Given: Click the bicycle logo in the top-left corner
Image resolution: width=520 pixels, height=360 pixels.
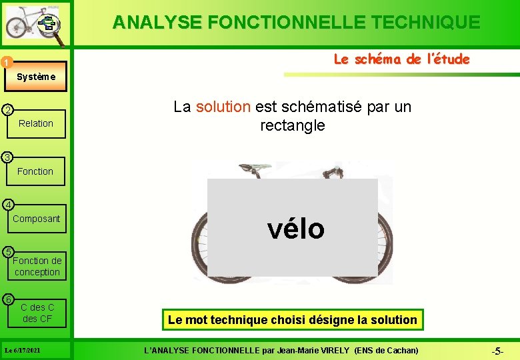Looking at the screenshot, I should pyautogui.click(x=34, y=24).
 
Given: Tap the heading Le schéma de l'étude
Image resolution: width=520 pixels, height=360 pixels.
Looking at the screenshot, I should pyautogui.click(x=401, y=59).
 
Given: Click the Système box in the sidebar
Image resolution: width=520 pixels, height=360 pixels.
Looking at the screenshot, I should pyautogui.click(x=36, y=77).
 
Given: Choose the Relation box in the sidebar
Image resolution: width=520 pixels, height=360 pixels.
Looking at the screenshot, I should pyautogui.click(x=36, y=123).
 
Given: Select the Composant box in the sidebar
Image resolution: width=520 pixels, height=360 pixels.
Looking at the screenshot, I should pyautogui.click(x=36, y=219).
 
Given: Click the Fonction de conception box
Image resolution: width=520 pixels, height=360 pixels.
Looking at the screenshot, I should pyautogui.click(x=37, y=266).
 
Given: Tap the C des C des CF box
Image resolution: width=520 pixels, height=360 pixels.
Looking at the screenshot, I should pyautogui.click(x=37, y=313).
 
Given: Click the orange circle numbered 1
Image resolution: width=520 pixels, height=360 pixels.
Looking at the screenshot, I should pyautogui.click(x=6, y=63).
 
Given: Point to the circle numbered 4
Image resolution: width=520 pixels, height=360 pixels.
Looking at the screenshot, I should pyautogui.click(x=6, y=204).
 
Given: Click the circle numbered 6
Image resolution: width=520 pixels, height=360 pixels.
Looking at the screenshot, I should pyautogui.click(x=6, y=299).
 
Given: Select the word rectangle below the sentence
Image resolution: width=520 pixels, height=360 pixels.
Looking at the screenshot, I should pyautogui.click(x=292, y=125).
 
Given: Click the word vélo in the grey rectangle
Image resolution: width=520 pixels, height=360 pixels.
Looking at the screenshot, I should pyautogui.click(x=295, y=229).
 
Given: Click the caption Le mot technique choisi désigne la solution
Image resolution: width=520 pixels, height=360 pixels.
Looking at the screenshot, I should pyautogui.click(x=292, y=320).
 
